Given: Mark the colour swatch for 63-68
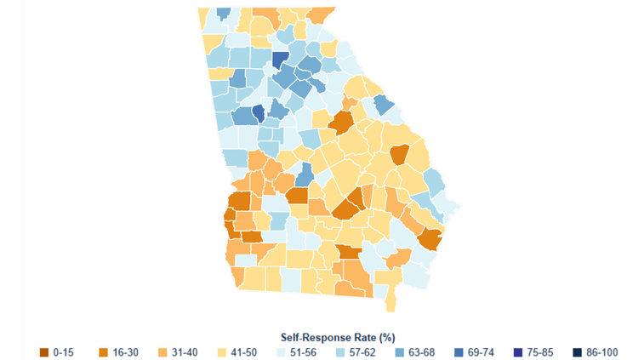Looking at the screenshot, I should click(x=398, y=351).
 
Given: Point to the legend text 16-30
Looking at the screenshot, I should click(x=125, y=351).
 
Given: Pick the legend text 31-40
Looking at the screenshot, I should click(x=185, y=351).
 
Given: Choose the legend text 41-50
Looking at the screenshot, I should click(x=243, y=351).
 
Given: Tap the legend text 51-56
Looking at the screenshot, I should click(x=303, y=351).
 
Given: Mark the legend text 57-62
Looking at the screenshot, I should click(x=362, y=351).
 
